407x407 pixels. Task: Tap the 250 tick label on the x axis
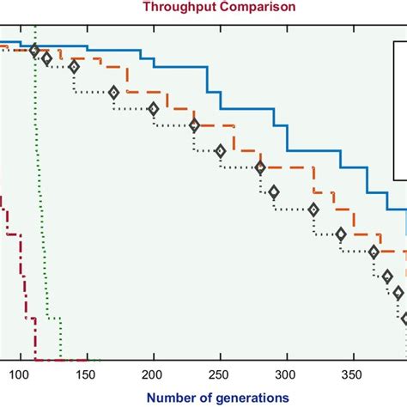tap(220, 374)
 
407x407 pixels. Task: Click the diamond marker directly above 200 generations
tap(153, 109)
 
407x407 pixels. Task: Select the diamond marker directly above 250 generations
tap(220, 152)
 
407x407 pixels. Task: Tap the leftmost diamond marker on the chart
tap(34, 51)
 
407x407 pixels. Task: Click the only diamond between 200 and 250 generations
tap(194, 125)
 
